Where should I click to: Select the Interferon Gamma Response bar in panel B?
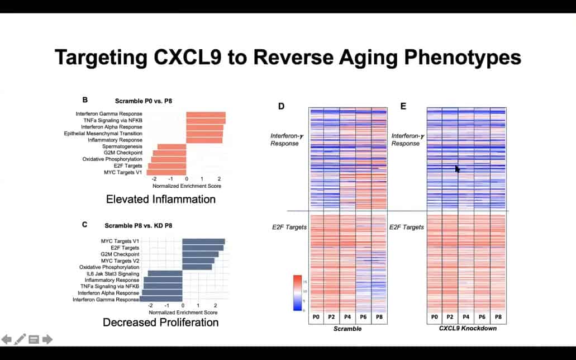(206, 115)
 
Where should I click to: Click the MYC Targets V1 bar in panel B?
(166, 172)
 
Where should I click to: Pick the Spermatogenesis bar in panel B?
(172, 146)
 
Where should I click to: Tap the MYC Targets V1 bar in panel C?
(203, 241)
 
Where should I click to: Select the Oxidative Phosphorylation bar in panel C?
(197, 267)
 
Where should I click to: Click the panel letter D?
(282, 106)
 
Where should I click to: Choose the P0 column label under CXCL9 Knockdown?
(435, 318)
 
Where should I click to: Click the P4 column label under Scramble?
(347, 318)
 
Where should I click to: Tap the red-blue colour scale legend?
(297, 292)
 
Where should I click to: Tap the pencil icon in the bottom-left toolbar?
(20, 339)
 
